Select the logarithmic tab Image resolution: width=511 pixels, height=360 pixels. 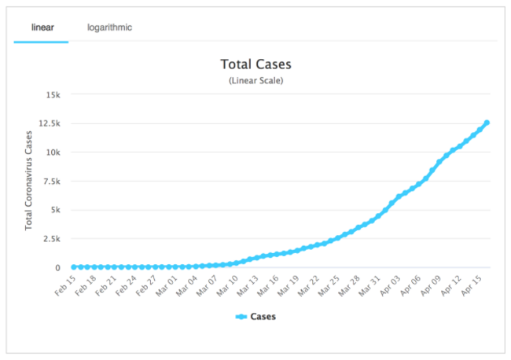109,28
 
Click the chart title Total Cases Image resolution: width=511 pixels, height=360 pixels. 256,64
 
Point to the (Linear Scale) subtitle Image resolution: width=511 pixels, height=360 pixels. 256,80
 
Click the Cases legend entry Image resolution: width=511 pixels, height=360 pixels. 256,317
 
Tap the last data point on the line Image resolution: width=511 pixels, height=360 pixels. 487,123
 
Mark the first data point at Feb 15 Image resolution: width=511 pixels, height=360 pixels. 74,267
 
